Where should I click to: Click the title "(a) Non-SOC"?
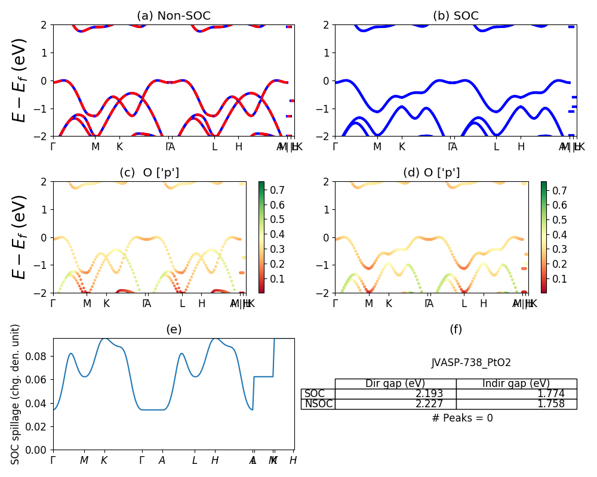(x=174, y=16)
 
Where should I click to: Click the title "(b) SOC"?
(x=456, y=16)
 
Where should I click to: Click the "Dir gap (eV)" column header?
(x=395, y=383)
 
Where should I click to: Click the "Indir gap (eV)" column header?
(x=516, y=383)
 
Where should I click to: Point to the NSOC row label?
(x=318, y=404)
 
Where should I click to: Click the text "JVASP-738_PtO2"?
(x=471, y=363)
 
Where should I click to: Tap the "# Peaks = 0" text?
(x=462, y=418)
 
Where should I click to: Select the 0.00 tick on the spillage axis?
(x=41, y=450)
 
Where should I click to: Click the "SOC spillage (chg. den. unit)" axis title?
(x=16, y=394)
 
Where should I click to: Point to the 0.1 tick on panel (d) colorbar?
(x=558, y=279)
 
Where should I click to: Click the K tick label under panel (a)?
(x=119, y=147)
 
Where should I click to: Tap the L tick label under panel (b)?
(x=496, y=147)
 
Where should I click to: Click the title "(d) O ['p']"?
(x=432, y=173)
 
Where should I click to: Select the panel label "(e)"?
(x=174, y=329)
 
